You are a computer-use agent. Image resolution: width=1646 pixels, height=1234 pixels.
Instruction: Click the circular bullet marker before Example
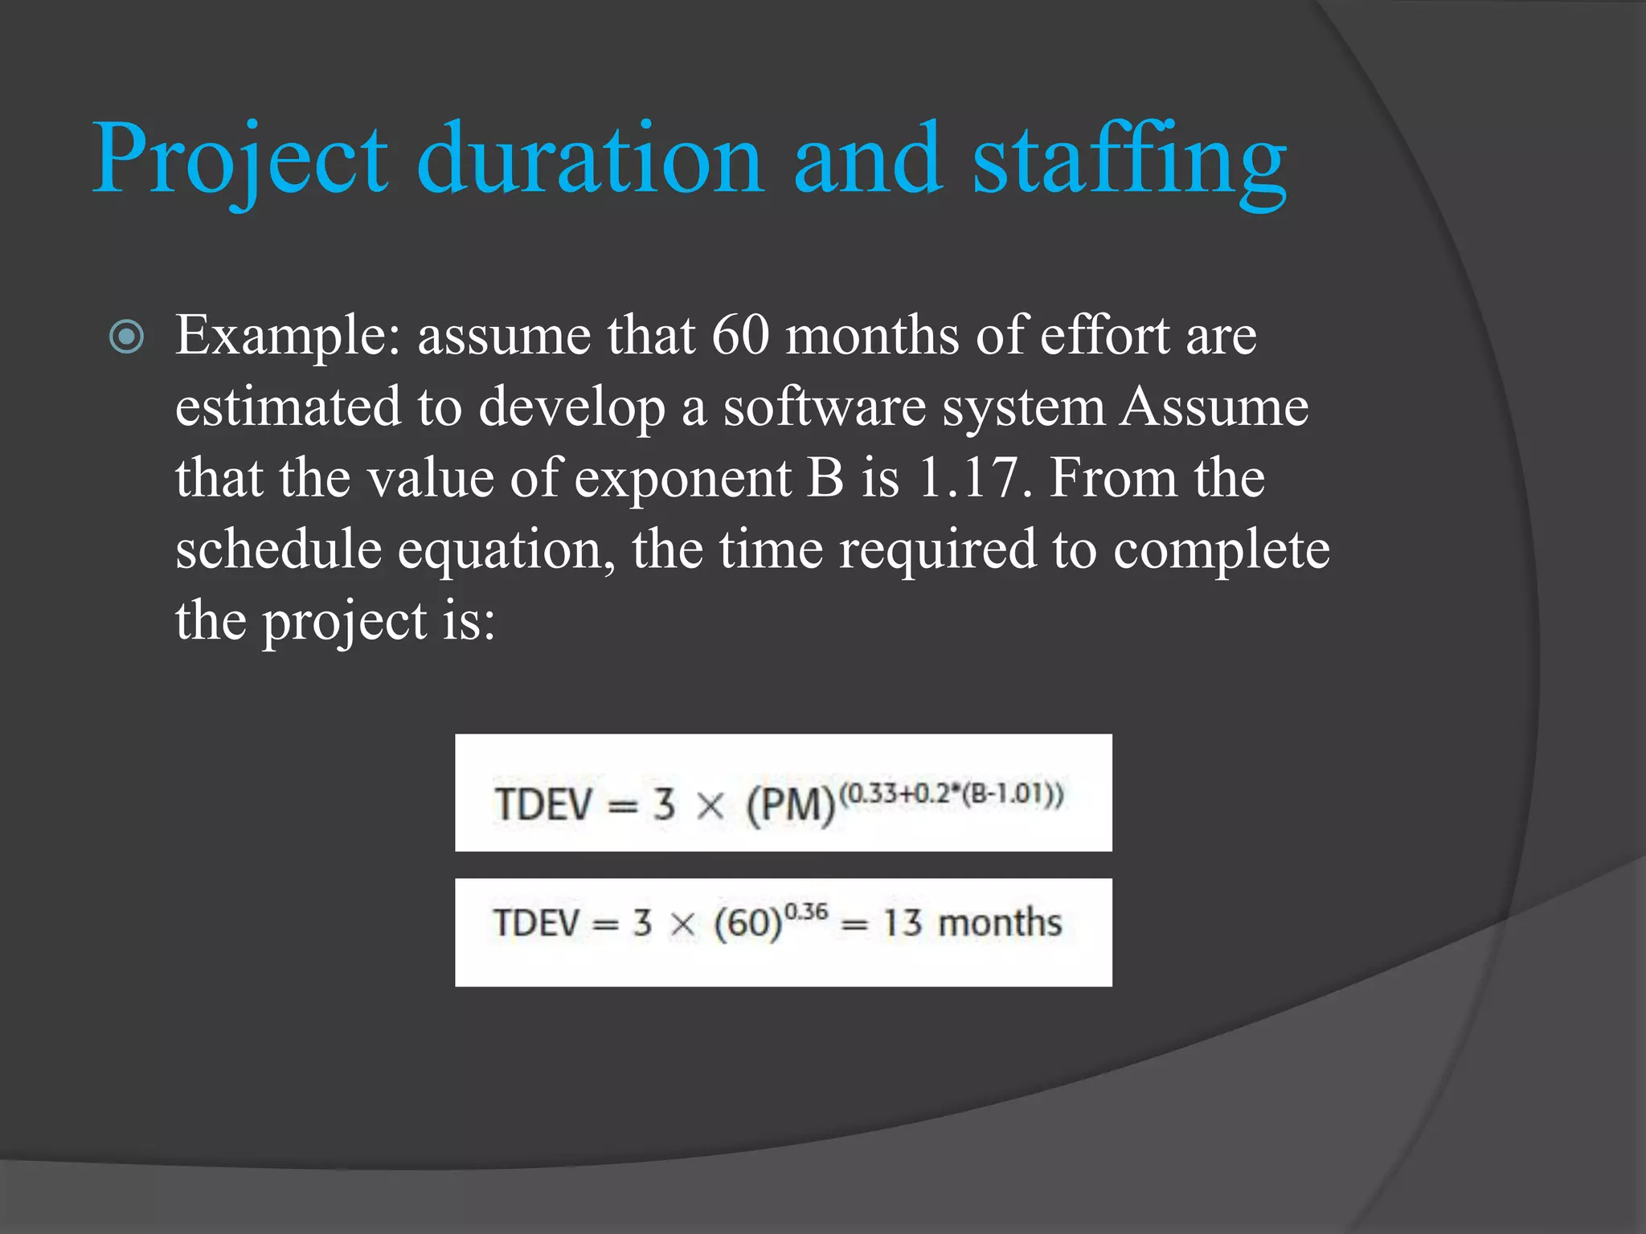pos(127,337)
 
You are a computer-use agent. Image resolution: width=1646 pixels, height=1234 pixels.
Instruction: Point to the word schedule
pos(278,550)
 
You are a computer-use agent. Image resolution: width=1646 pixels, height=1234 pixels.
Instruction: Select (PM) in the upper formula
pos(791,805)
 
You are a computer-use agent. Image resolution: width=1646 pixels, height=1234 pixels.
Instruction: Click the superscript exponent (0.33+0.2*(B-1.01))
pos(952,795)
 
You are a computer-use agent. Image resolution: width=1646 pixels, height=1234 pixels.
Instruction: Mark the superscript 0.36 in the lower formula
pos(806,912)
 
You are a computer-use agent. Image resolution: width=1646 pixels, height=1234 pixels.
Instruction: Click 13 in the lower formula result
pos(902,923)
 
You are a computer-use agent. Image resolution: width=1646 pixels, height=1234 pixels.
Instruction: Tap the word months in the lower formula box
pos(1000,923)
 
